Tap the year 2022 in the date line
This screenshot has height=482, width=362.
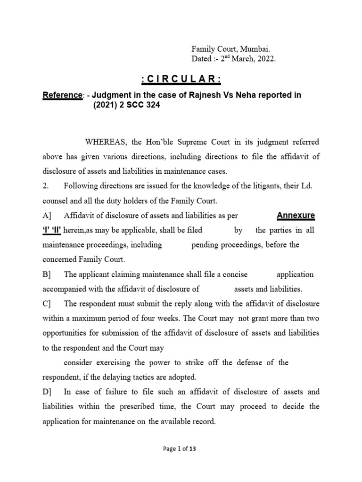[x=266, y=59]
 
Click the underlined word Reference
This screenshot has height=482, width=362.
[x=63, y=95]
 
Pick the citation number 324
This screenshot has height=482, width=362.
[x=152, y=105]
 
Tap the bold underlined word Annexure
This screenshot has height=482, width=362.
[x=296, y=216]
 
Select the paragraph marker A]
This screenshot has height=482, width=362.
[x=47, y=216]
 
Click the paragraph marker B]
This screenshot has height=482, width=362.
[x=47, y=274]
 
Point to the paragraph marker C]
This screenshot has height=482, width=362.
[x=47, y=304]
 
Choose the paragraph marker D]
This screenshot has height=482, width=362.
[x=47, y=392]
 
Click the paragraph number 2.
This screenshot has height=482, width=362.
[x=45, y=186]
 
